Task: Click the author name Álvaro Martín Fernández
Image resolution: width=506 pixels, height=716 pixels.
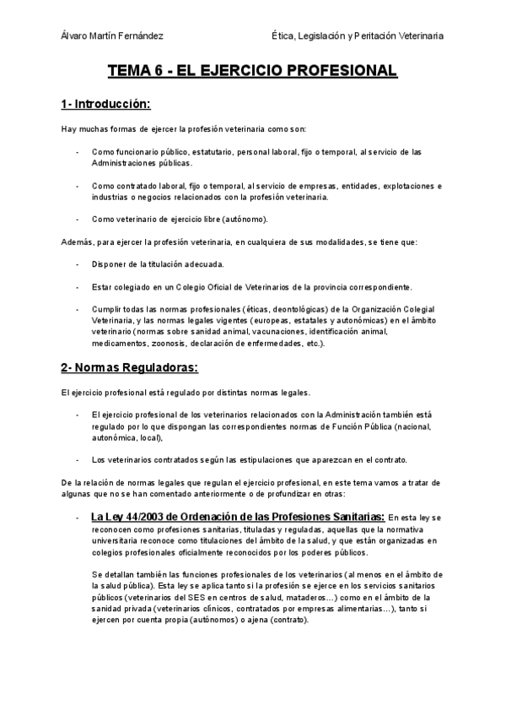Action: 112,35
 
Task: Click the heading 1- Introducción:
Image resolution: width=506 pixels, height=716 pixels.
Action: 105,104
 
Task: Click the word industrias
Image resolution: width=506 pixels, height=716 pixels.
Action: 110,197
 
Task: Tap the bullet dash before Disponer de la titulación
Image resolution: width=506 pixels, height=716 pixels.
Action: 77,264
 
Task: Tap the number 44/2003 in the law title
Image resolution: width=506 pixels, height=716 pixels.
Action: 139,516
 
